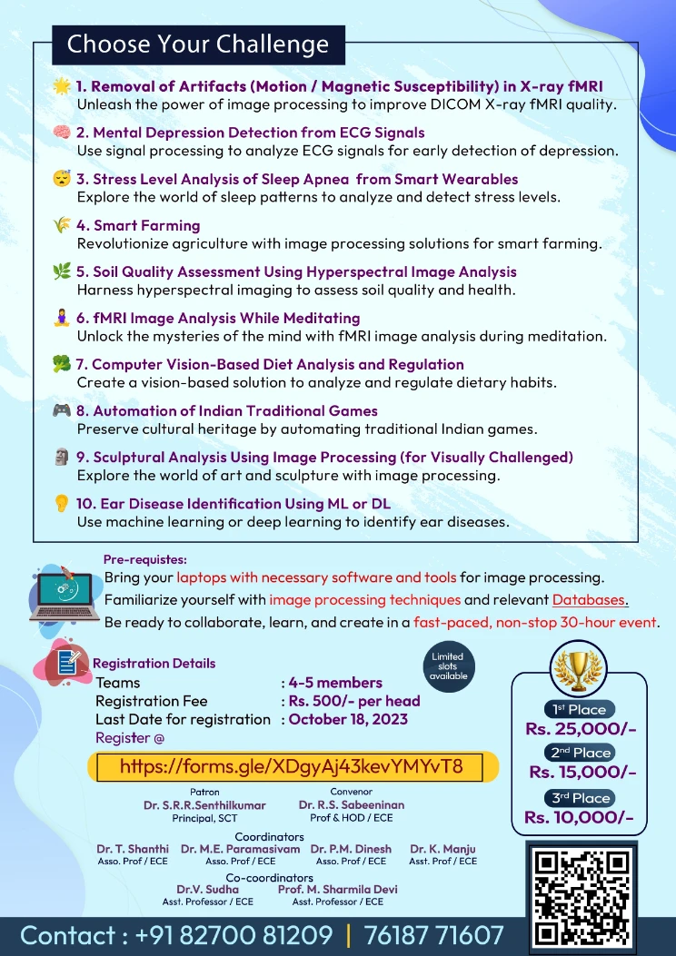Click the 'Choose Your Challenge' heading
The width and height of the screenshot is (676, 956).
pos(198,44)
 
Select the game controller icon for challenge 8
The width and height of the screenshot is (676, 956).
pos(62,411)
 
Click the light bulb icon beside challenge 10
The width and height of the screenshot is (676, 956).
pos(62,504)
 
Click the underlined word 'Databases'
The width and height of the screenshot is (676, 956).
pos(590,599)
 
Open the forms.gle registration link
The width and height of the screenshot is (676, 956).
pos(292,766)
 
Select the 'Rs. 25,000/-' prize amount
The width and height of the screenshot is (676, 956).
pos(580,729)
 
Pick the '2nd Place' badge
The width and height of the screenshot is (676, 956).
pos(580,753)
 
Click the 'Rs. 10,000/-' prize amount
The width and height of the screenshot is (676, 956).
pos(580,817)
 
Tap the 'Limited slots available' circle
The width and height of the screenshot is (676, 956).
pos(447,665)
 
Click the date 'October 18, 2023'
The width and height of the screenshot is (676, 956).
pos(348,719)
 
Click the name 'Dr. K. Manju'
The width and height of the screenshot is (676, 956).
pos(442,849)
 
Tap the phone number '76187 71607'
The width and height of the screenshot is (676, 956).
pos(433,935)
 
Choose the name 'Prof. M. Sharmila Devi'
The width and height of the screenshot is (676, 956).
pos(337,889)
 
